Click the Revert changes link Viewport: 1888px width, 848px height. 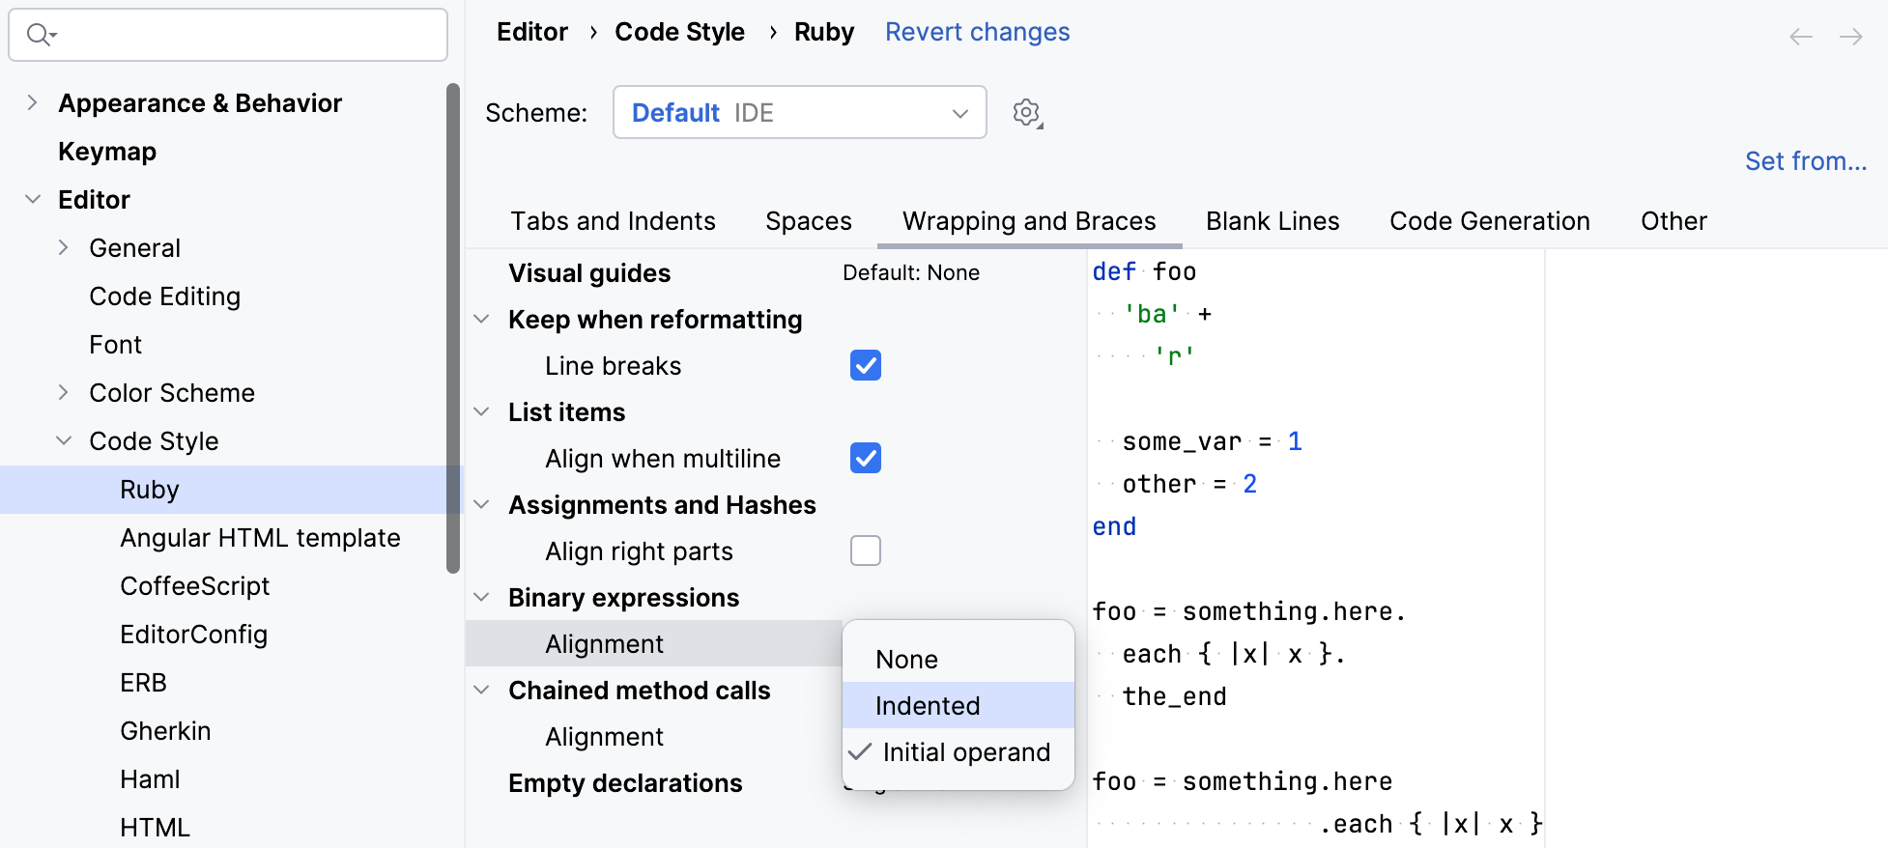[x=977, y=32]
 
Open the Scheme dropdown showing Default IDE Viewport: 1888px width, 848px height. [x=799, y=112]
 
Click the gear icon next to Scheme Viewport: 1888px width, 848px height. [x=1027, y=113]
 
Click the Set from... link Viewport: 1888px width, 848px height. [x=1805, y=160]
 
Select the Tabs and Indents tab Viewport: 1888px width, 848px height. [x=614, y=221]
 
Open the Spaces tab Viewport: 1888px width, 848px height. [x=809, y=221]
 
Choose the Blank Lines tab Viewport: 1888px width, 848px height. [x=1273, y=221]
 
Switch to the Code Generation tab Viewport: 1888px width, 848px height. [x=1490, y=221]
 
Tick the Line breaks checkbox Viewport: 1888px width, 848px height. [x=866, y=365]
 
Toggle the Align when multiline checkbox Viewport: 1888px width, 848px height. [x=866, y=458]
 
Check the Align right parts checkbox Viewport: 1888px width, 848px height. [x=866, y=551]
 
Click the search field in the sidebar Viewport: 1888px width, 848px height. [x=228, y=35]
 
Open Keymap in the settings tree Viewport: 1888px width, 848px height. [x=107, y=152]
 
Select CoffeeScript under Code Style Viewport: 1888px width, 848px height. [x=195, y=586]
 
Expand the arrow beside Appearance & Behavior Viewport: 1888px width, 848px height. [x=32, y=102]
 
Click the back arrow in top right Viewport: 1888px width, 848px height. [x=1801, y=37]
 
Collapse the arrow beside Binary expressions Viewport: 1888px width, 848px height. [x=481, y=597]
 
